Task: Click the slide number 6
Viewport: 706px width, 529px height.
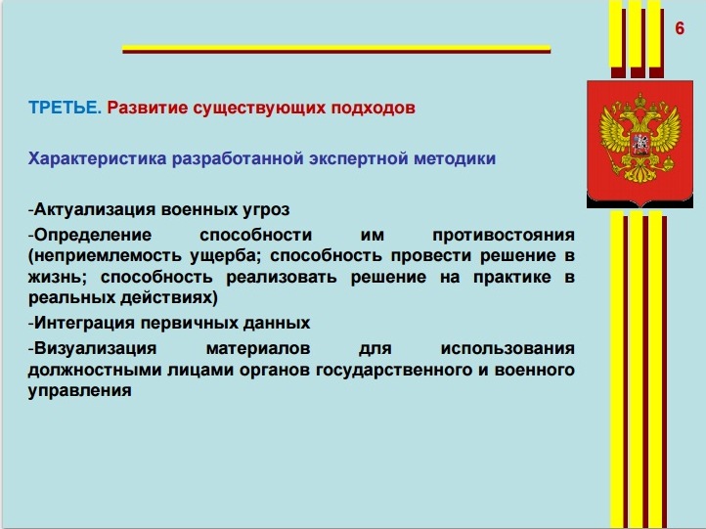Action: click(680, 28)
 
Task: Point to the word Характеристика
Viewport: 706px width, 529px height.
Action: click(97, 158)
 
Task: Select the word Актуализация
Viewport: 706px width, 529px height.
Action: click(95, 210)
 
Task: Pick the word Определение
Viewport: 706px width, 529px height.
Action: click(93, 235)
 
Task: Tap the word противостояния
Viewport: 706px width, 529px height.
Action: click(504, 235)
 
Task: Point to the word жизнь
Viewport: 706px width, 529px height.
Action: click(57, 277)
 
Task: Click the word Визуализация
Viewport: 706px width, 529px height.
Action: click(95, 348)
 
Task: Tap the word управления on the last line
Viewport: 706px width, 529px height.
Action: click(80, 390)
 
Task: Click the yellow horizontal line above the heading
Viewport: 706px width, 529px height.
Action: click(336, 48)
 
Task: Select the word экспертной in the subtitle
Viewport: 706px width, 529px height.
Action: click(358, 159)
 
